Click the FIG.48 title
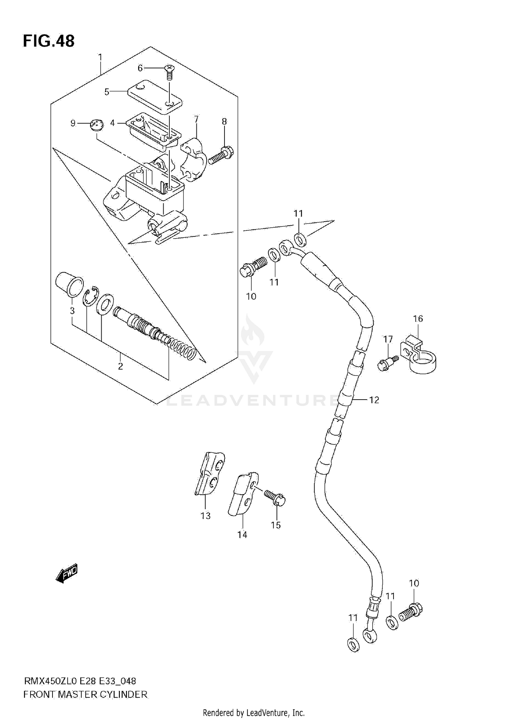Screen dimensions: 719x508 [49, 41]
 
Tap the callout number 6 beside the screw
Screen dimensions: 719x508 [140, 68]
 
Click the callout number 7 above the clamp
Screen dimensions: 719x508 [196, 119]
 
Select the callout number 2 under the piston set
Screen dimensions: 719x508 [120, 366]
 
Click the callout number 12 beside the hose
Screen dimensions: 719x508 [374, 400]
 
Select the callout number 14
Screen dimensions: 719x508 [242, 535]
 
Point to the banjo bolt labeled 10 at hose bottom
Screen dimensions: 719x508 [411, 611]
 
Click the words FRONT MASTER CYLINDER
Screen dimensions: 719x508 [85, 695]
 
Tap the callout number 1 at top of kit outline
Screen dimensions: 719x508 [100, 57]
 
